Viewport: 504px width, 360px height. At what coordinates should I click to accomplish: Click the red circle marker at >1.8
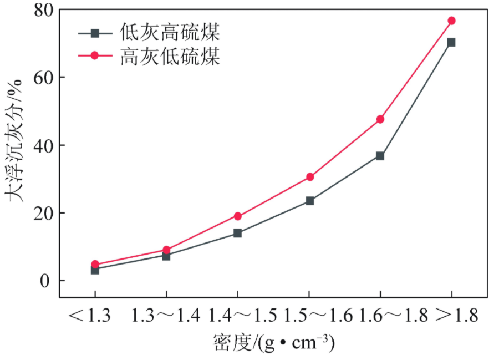[x=452, y=21]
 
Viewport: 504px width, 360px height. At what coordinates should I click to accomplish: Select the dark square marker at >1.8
[x=452, y=42]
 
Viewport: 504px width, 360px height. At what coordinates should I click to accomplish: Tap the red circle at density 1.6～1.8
[x=380, y=119]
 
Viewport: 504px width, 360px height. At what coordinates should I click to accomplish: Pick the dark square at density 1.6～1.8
[x=380, y=156]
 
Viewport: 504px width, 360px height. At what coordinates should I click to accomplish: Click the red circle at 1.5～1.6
[x=310, y=177]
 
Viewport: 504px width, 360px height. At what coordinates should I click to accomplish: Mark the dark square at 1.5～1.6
[x=310, y=201]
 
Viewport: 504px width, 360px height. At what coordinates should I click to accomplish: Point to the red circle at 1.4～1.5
[x=238, y=216]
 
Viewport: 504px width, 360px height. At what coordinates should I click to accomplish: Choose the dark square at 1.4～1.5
[x=237, y=233]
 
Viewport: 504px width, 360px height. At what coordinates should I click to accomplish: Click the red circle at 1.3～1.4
[x=166, y=250]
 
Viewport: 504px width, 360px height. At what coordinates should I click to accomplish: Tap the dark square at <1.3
[x=95, y=270]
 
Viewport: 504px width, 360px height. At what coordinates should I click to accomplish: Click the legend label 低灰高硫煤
[x=170, y=33]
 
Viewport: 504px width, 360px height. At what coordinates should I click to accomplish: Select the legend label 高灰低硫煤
[x=170, y=56]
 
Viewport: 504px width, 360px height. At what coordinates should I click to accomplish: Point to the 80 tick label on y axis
[x=44, y=11]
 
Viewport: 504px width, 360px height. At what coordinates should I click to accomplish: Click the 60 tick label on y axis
[x=44, y=78]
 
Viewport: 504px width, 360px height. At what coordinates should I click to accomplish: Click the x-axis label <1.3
[x=90, y=315]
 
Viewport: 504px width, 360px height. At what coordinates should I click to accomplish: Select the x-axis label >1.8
[x=457, y=315]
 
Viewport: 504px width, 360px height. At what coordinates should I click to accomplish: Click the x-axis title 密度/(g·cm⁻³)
[x=273, y=343]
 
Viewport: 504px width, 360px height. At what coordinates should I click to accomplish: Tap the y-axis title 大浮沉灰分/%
[x=13, y=141]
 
